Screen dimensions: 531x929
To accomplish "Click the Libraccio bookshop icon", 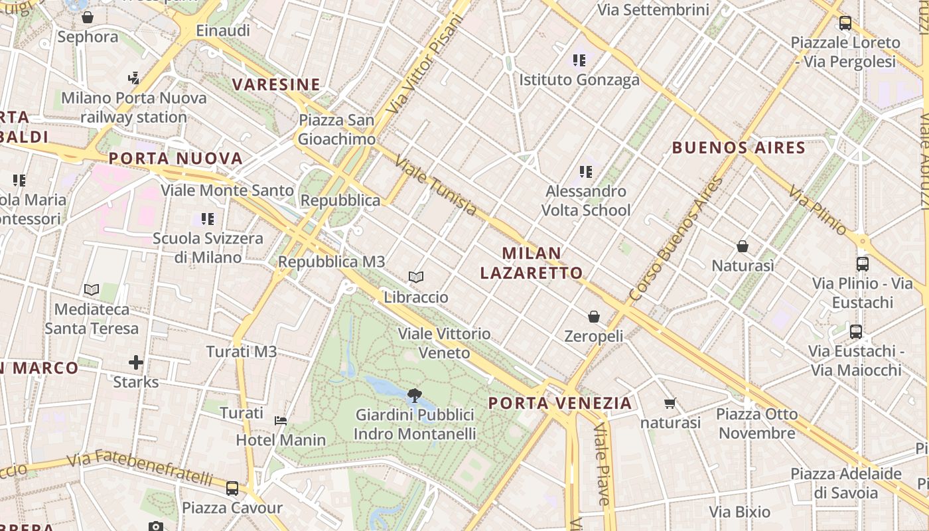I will (416, 277).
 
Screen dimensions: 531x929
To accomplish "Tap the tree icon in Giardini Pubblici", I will (415, 396).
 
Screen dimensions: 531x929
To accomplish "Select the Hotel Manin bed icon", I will (281, 420).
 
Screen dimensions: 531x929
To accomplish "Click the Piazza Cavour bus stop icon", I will (232, 489).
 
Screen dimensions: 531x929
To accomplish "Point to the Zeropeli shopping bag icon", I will (594, 317).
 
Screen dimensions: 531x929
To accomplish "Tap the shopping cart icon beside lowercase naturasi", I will (670, 403).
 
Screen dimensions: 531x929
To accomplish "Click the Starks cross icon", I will (136, 362).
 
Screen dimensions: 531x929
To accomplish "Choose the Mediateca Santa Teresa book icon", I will (92, 289).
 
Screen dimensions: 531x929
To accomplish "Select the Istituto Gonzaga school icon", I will (579, 60).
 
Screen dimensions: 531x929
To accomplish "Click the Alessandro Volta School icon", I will (586, 172).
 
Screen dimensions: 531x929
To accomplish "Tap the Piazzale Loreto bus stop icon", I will (845, 23).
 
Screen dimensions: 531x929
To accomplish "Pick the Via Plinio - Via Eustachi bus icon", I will (863, 264).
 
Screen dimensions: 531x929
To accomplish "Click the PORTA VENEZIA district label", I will (560, 403).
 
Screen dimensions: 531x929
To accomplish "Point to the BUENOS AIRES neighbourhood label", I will (739, 147).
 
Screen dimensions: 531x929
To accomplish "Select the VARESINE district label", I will (276, 84).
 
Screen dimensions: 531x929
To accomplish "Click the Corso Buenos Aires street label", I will (676, 239).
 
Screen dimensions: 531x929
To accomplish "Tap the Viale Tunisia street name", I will (435, 186).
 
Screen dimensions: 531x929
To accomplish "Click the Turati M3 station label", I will (241, 352).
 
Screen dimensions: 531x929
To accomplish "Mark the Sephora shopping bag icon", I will (88, 18).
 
